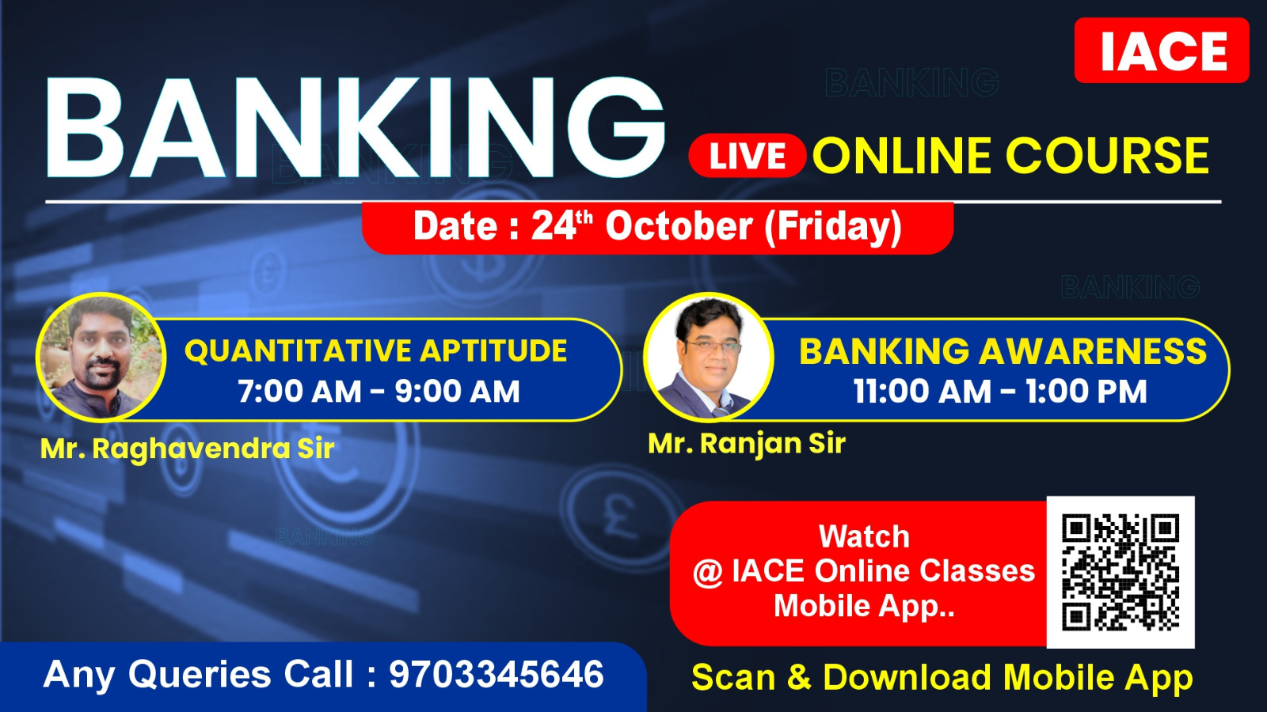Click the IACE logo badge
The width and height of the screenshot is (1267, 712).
pos(1161,51)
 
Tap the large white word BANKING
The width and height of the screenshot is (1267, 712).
pos(356,127)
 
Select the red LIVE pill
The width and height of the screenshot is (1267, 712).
pos(748,155)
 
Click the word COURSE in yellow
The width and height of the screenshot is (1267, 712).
pos(1108,155)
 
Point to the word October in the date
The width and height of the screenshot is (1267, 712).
pos(679,226)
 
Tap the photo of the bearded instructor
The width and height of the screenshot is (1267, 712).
pos(101,357)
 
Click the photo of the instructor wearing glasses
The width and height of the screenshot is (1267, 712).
pos(709,357)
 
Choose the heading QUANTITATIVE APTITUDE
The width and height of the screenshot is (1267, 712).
pos(375,350)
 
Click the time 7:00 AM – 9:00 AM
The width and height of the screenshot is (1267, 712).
pos(379,391)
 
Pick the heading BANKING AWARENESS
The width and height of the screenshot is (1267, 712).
pos(1003,350)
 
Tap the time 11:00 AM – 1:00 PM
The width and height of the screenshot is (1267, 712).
pos(1000,391)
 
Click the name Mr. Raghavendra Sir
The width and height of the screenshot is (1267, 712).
pos(187,449)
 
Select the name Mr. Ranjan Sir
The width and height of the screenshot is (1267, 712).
pos(747,444)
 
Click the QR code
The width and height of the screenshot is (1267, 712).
pos(1121,573)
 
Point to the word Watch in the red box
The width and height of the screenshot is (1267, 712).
pos(864,536)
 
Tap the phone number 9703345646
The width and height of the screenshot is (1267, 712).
pos(496,674)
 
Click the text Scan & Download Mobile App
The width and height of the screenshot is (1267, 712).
pos(942,677)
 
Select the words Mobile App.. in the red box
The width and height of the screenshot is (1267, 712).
pos(864,606)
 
